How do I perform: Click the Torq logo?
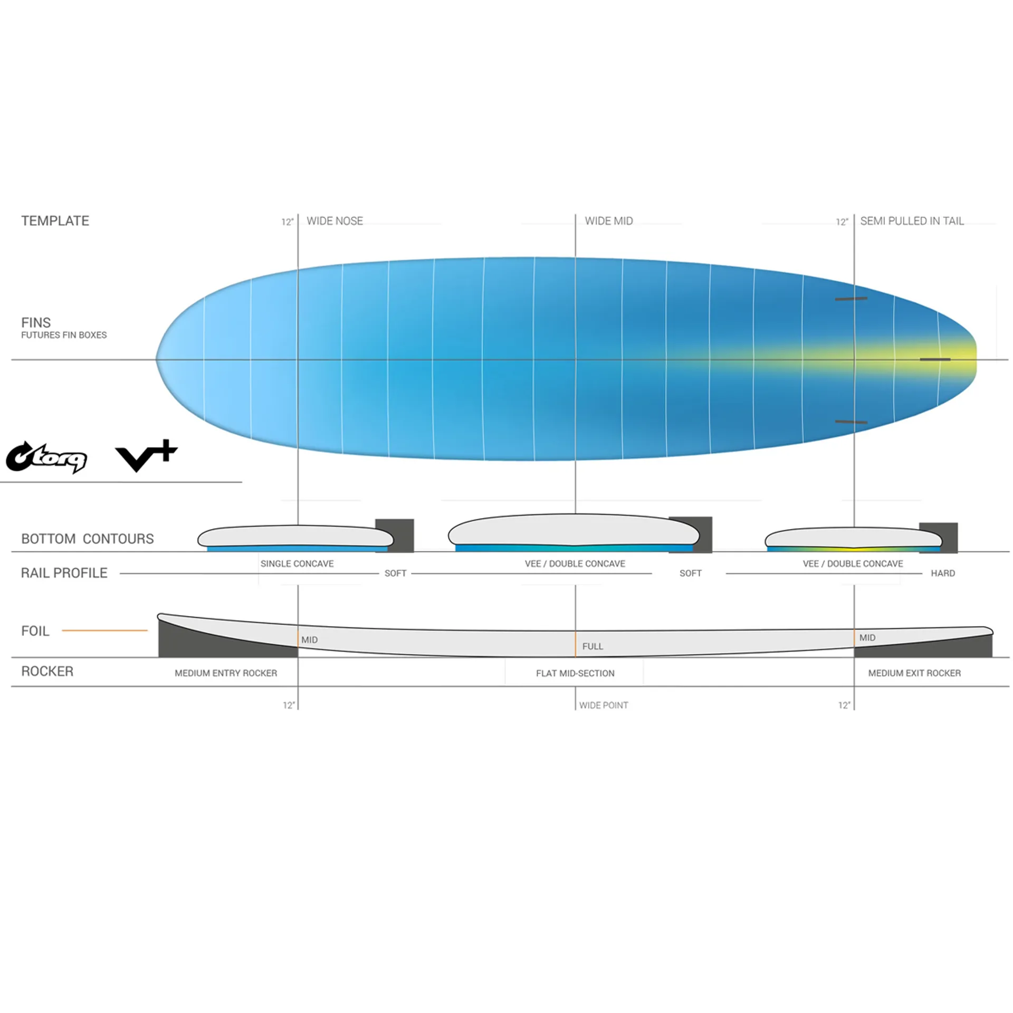pos(46,457)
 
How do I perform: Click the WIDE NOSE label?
pos(335,221)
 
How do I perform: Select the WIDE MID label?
pos(608,221)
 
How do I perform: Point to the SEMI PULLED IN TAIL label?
pos(912,221)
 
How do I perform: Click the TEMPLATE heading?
pos(55,221)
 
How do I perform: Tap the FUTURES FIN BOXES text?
pos(64,335)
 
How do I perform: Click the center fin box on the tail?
pos(935,359)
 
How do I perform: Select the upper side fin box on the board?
pos(850,299)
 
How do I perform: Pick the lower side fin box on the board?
pos(850,422)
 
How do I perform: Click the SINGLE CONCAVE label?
pos(297,563)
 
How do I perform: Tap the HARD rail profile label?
pos(943,573)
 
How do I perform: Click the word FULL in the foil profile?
pos(592,646)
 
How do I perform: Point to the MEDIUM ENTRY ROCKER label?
pos(226,673)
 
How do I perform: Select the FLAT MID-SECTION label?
pos(575,673)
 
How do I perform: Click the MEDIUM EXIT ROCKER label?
pos(914,673)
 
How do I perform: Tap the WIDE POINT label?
pos(604,705)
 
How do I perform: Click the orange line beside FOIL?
pos(104,630)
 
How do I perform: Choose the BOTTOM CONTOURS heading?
pos(88,539)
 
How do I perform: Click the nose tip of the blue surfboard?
pos(157,359)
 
